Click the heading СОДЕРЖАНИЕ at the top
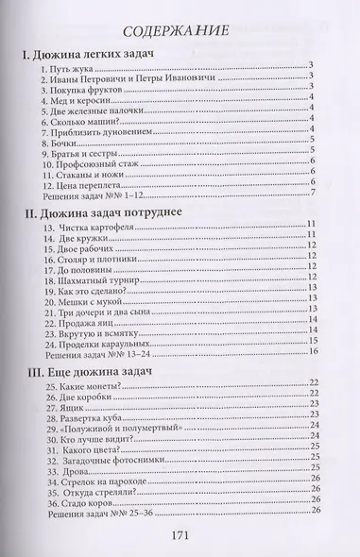180,30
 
